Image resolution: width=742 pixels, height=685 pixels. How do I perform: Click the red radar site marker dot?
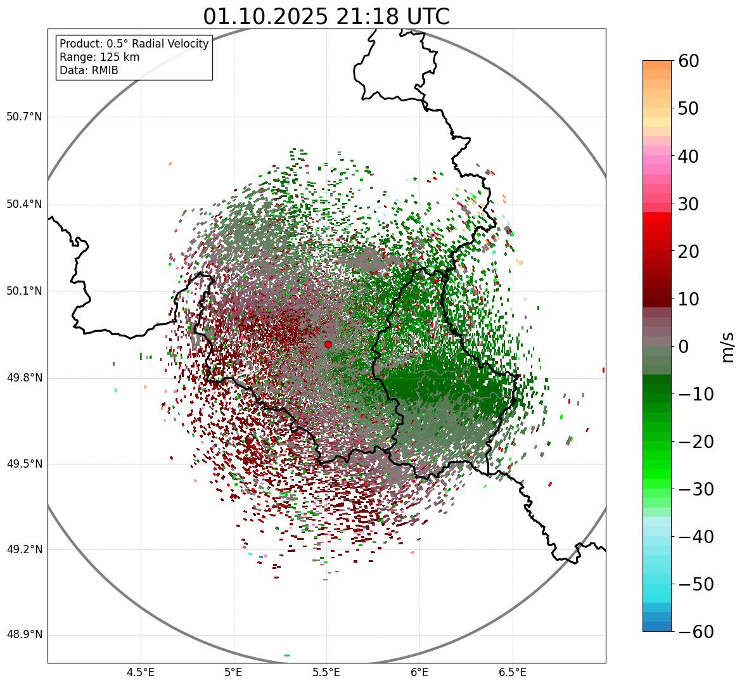pos(328,344)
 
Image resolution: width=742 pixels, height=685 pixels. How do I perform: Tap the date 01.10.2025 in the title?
pos(266,16)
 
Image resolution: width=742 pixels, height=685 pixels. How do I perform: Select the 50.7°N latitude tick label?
pos(24,117)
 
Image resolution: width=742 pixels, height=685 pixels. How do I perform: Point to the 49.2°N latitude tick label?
pos(24,549)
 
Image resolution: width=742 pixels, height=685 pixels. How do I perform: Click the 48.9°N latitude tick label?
pos(24,635)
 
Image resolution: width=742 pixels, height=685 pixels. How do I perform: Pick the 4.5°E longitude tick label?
pos(141,672)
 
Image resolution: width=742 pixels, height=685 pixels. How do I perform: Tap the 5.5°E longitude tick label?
pos(327,672)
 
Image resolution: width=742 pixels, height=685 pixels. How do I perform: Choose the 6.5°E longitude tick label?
pos(513,672)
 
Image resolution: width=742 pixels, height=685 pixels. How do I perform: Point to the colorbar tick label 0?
pos(684,347)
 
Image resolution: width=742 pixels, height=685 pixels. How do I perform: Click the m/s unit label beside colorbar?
pos(729,347)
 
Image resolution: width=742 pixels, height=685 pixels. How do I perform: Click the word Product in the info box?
pos(80,44)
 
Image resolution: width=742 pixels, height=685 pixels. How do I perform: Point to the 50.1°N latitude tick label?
pos(24,291)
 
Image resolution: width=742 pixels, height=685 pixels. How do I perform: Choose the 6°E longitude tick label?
pos(419,672)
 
